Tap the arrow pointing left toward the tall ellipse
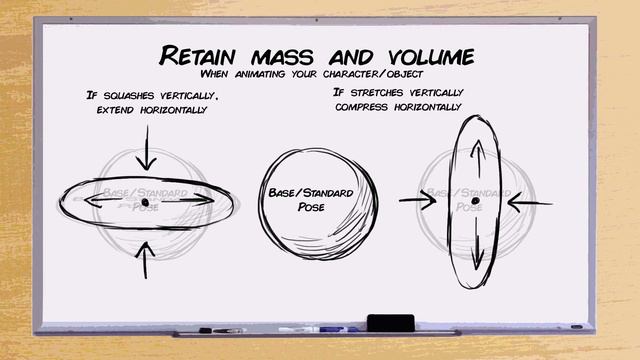(528, 203)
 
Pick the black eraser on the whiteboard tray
(390, 322)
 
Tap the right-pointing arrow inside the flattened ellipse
(190, 201)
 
